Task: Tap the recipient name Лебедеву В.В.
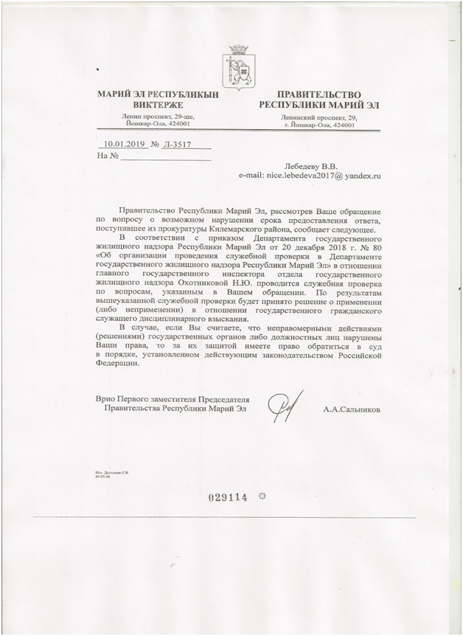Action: pyautogui.click(x=308, y=167)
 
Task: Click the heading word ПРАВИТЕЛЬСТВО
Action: pyautogui.click(x=318, y=94)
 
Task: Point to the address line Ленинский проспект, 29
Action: pyautogui.click(x=318, y=118)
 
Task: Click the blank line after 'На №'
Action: pyautogui.click(x=166, y=159)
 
